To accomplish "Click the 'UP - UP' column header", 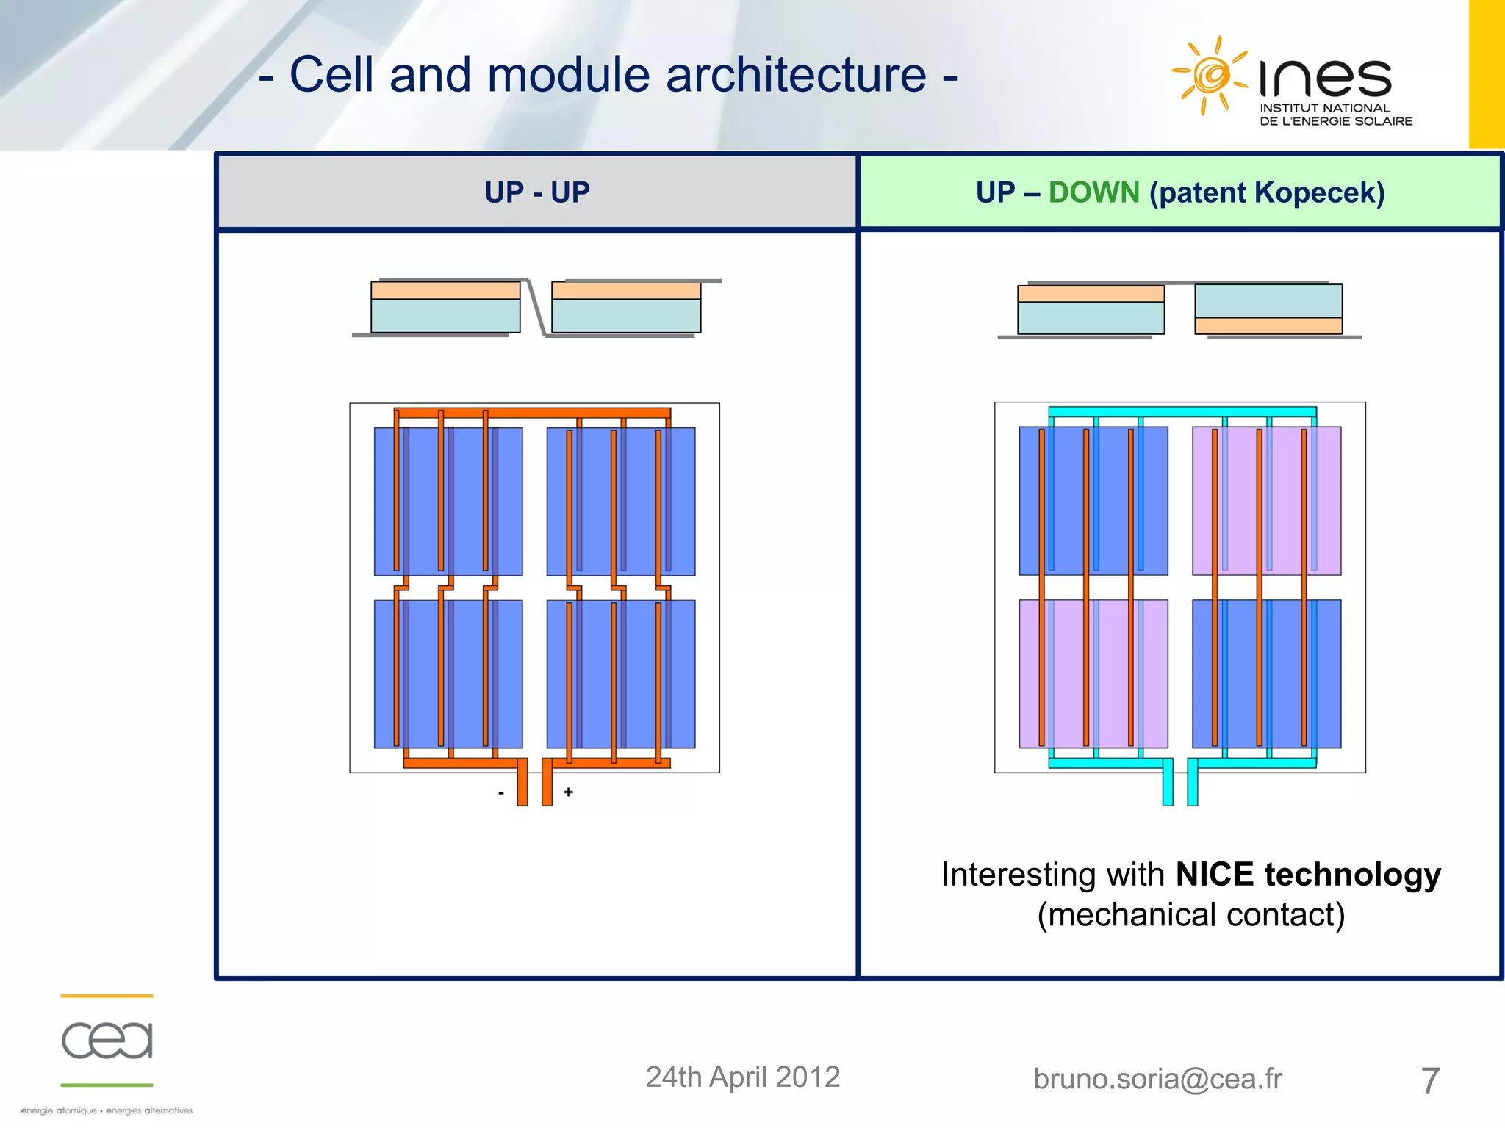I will [537, 192].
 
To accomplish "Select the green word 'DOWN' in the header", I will [1093, 192].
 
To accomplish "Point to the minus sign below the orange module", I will [501, 793].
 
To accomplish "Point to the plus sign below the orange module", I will [568, 792].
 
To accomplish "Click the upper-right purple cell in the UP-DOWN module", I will [1266, 501].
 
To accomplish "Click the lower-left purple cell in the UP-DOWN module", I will [1093, 673].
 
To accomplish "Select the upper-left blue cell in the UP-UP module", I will [448, 501].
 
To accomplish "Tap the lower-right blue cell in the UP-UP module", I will [621, 673].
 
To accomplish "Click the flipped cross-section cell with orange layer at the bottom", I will [1268, 309].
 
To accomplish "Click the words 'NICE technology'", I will [1308, 875].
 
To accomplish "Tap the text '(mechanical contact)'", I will [1190, 915].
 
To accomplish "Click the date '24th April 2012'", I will [742, 1077].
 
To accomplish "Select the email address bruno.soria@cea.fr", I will [1157, 1079].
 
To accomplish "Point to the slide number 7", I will [1429, 1081].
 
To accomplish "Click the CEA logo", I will [107, 1040].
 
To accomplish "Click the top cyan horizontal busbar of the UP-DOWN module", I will [1182, 412].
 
